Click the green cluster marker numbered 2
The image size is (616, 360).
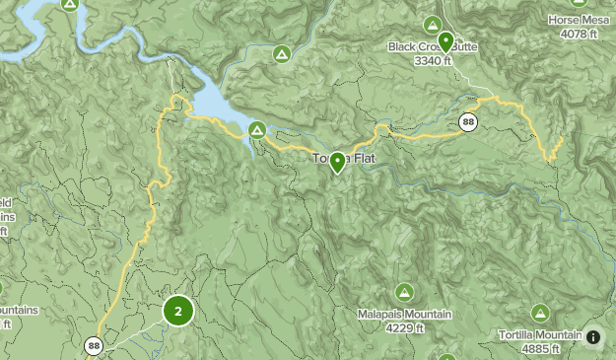177,312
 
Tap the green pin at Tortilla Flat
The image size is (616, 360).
337,162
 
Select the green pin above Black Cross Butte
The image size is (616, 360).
445,41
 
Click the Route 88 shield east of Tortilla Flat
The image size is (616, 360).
468,123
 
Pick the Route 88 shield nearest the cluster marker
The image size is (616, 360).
94,345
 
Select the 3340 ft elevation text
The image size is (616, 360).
433,59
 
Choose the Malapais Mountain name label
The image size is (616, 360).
404,315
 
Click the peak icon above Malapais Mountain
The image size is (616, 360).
404,292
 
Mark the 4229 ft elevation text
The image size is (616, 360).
404,328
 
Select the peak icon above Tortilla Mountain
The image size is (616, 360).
539,313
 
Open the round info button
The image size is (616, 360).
593,337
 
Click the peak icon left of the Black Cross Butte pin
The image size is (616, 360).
431,24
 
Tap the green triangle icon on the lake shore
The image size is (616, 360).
257,129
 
